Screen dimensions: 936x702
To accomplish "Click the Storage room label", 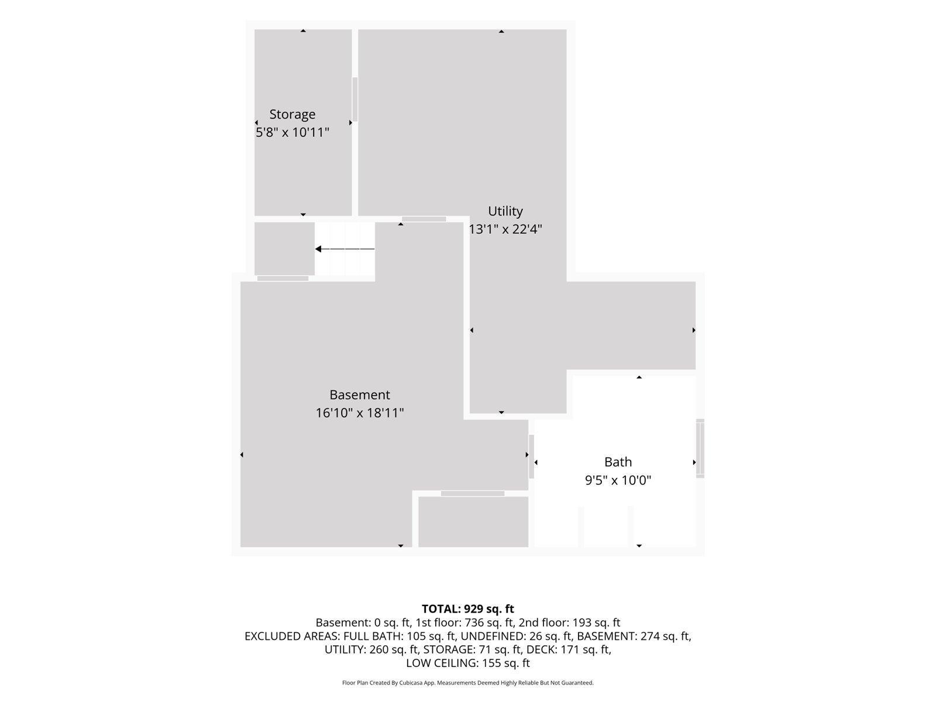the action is tap(292, 114).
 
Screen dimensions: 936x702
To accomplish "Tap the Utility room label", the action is tap(505, 211).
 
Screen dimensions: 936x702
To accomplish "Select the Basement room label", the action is tap(359, 395).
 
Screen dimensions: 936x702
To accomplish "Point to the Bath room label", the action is tap(618, 462).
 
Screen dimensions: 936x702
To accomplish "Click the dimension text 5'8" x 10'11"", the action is tap(292, 133).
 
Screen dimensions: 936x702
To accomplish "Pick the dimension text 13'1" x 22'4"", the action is tap(505, 229).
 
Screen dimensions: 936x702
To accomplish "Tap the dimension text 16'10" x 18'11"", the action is tap(359, 413).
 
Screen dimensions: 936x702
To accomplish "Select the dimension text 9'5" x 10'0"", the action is tap(618, 480).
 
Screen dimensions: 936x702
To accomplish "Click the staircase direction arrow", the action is tap(345, 249).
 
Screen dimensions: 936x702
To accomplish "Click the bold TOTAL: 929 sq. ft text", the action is tap(468, 608).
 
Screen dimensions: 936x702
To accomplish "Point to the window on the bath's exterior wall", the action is tap(700, 448).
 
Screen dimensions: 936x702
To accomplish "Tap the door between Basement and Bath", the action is tap(531, 456).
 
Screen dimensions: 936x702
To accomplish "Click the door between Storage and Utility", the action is tap(355, 99).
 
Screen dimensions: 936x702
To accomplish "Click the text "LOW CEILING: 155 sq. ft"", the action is tap(468, 663).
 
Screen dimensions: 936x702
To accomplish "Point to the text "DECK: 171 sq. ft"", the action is tap(569, 649).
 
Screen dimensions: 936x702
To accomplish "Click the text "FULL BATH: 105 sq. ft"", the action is tap(400, 636).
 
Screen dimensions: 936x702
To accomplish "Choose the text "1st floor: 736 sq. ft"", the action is tap(464, 622).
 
